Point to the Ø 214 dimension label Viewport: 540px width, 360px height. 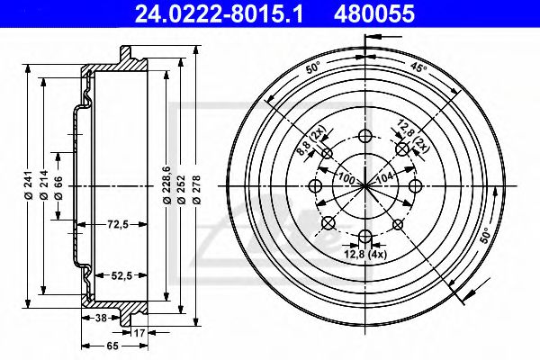[x=43, y=186]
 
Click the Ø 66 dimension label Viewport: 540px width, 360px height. [x=58, y=187]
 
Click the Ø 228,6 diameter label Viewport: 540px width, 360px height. [x=167, y=186]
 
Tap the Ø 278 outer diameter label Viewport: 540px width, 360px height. [x=197, y=186]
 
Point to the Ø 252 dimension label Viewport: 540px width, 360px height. [x=183, y=186]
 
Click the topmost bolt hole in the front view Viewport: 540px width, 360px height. [x=365, y=137]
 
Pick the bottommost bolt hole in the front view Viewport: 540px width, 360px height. [x=365, y=238]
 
